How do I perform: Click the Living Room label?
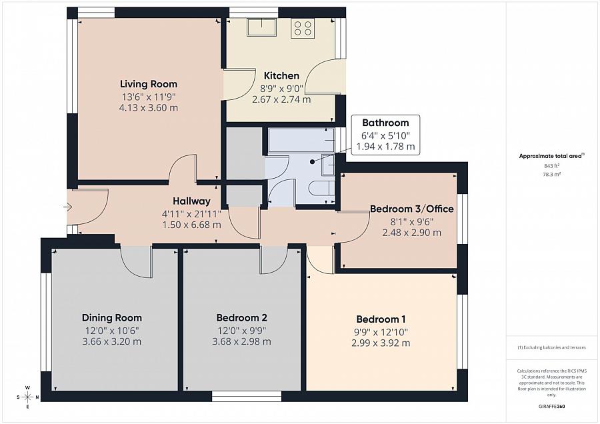click(149, 84)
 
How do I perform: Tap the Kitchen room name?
click(281, 75)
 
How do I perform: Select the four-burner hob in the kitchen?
click(303, 28)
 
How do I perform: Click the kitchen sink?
click(262, 27)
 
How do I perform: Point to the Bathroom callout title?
click(385, 123)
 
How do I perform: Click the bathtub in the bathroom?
click(301, 141)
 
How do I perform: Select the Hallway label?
click(191, 201)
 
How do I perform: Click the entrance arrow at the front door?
click(68, 207)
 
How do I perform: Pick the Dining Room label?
click(112, 317)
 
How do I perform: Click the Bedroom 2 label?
click(241, 317)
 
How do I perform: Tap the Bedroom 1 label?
click(381, 319)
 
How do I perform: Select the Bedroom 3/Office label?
click(412, 209)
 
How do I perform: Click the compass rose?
click(27, 397)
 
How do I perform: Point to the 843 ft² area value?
click(552, 166)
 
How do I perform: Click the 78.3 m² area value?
click(552, 174)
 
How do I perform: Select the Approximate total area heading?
click(551, 156)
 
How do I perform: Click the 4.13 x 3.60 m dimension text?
click(149, 107)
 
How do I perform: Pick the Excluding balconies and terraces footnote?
click(551, 347)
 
